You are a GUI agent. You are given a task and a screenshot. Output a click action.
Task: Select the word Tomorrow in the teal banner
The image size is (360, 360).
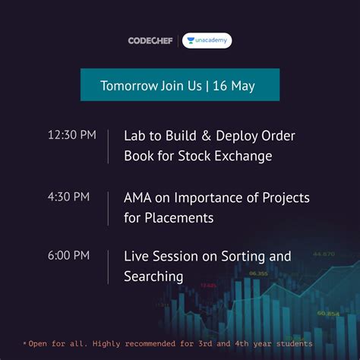coord(128,85)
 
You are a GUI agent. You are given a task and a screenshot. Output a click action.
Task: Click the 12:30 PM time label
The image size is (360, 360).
coord(71,135)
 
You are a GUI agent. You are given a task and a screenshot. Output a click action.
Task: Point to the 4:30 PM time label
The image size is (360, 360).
coord(68,197)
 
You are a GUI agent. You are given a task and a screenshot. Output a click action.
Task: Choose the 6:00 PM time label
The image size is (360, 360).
coord(68,255)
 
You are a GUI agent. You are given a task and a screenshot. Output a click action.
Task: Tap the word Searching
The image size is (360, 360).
coord(153,276)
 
